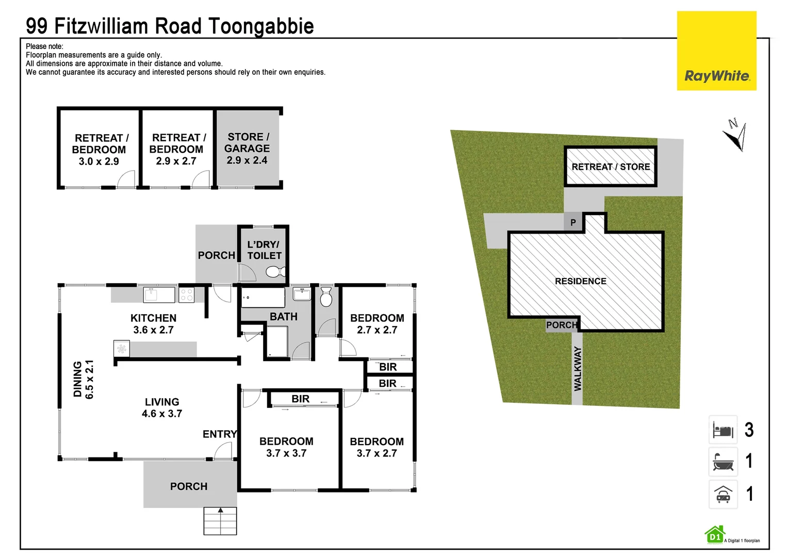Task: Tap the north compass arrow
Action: (x=735, y=135)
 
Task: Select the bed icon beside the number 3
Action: (x=723, y=430)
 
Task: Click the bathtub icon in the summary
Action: (x=723, y=462)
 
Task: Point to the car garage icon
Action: (x=723, y=494)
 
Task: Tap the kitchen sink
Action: (x=159, y=295)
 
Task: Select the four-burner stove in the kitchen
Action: (x=186, y=295)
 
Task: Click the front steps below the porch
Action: (x=220, y=521)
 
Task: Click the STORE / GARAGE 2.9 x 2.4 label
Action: (x=248, y=149)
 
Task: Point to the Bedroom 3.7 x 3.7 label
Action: (x=286, y=447)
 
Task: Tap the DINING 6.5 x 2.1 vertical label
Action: (x=84, y=379)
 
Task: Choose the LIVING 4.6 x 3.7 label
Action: (x=162, y=407)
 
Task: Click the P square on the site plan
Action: (x=573, y=223)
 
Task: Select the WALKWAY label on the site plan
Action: (x=578, y=368)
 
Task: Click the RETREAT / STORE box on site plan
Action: (x=611, y=167)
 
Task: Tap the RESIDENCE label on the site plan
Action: (x=581, y=281)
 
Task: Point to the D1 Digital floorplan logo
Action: (x=715, y=536)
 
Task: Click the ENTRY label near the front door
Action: (x=220, y=434)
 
